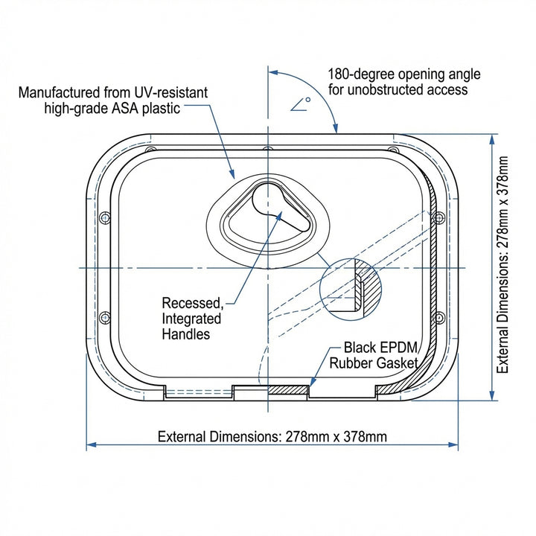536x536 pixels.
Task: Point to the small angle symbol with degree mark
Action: (301, 104)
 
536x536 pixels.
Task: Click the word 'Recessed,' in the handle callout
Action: (193, 303)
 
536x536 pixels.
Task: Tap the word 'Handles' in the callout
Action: (185, 334)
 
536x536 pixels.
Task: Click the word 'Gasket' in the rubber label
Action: (396, 363)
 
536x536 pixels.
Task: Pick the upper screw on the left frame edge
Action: (105, 217)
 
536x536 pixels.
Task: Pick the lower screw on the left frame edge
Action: (105, 318)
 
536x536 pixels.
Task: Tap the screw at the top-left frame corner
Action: (150, 150)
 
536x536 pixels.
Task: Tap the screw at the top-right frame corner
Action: (394, 150)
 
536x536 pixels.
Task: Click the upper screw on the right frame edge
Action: (438, 217)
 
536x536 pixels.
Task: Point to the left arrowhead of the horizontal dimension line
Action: (92, 444)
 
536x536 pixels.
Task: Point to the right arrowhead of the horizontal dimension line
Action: (453, 444)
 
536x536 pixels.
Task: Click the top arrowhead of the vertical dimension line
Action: (492, 139)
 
